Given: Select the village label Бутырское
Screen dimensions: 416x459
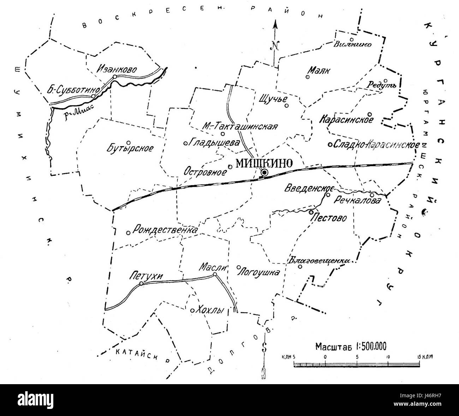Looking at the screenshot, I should [x=130, y=148].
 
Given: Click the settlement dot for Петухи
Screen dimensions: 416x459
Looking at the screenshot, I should [x=141, y=284].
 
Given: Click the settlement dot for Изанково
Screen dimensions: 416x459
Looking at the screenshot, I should [x=114, y=77].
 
